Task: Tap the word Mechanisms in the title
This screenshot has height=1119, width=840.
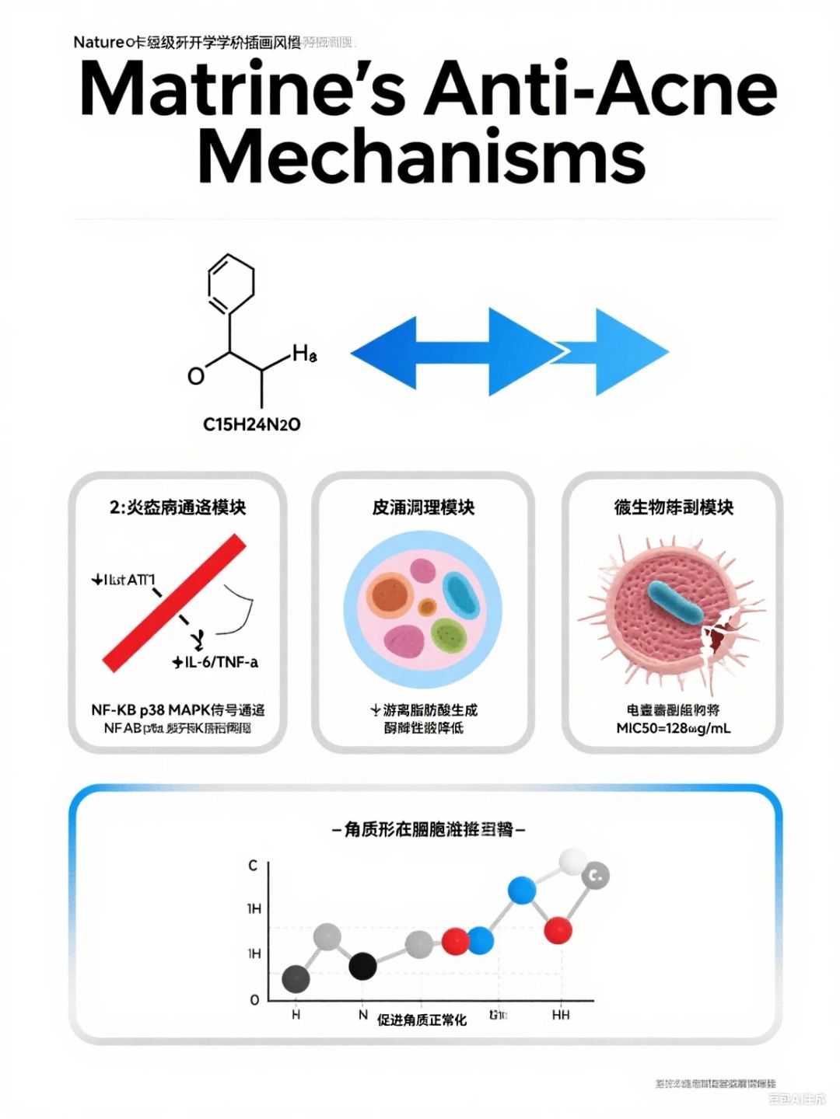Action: click(x=422, y=156)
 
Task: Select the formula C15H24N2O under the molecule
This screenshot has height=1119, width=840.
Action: click(x=251, y=424)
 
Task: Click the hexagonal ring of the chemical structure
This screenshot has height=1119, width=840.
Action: click(x=231, y=284)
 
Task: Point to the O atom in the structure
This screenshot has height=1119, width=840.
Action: click(x=196, y=376)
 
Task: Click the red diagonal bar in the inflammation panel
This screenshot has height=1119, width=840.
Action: click(x=175, y=602)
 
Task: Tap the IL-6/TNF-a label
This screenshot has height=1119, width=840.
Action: click(x=216, y=662)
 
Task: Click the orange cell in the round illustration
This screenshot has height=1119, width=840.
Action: click(x=390, y=595)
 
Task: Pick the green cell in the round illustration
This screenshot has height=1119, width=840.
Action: click(x=447, y=635)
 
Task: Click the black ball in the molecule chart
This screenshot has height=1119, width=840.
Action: click(x=362, y=966)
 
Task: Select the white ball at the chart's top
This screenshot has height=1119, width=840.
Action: click(x=572, y=861)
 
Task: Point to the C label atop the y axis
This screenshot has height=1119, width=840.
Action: click(x=253, y=865)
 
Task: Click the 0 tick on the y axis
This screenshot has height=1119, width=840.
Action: click(x=254, y=1000)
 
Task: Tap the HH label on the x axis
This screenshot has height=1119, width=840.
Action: click(x=560, y=1015)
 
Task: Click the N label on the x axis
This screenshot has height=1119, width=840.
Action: click(x=363, y=1015)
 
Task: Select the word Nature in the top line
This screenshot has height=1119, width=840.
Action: click(x=98, y=42)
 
